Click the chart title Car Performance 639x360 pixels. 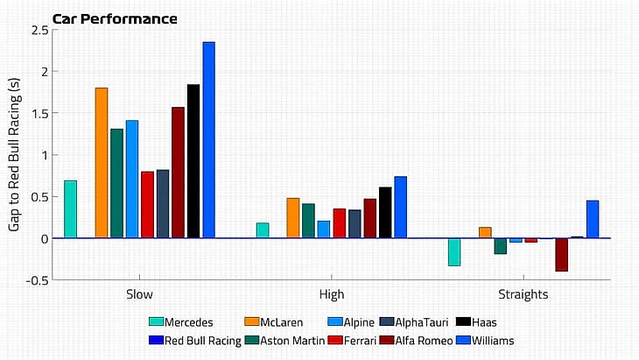point(114,18)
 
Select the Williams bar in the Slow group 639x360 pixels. point(208,140)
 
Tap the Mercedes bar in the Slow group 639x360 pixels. point(70,209)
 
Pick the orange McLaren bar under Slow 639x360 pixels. point(102,163)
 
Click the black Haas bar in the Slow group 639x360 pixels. point(193,161)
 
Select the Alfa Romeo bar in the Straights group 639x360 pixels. point(561,255)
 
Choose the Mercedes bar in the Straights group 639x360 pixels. point(454,251)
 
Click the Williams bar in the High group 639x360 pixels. point(400,208)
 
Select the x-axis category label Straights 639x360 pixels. point(523,295)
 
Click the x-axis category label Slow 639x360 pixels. point(140,295)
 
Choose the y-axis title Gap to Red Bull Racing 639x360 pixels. point(15,155)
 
